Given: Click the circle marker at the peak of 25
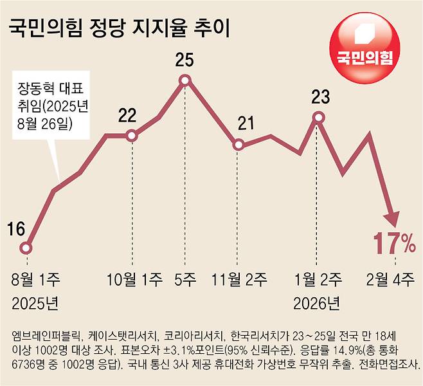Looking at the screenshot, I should point(185,80).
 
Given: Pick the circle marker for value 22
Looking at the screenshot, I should point(132,135).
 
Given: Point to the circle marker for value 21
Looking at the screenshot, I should point(238,145).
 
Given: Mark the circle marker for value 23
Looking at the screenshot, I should point(318,117).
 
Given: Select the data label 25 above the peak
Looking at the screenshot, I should point(184,61).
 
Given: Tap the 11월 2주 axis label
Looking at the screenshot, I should point(239,280).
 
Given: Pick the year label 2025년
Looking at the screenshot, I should point(31,302).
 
